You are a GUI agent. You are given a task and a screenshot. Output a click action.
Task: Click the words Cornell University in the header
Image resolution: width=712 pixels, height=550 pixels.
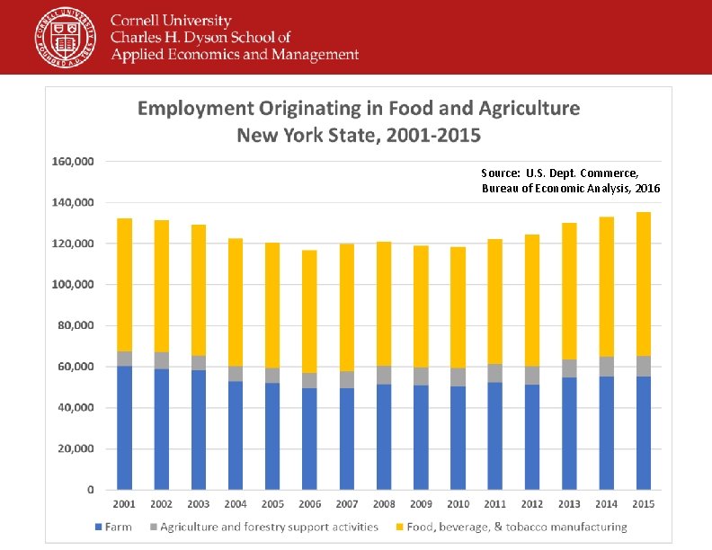171,21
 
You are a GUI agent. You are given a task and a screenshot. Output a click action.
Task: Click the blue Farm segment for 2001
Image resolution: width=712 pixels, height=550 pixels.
124,427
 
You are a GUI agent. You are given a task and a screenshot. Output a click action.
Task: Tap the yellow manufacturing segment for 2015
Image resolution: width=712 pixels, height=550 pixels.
643,283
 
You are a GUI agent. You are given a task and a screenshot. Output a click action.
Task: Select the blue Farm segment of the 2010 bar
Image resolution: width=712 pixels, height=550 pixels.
458,438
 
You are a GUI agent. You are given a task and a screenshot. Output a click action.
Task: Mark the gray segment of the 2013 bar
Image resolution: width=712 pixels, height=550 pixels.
569,368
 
